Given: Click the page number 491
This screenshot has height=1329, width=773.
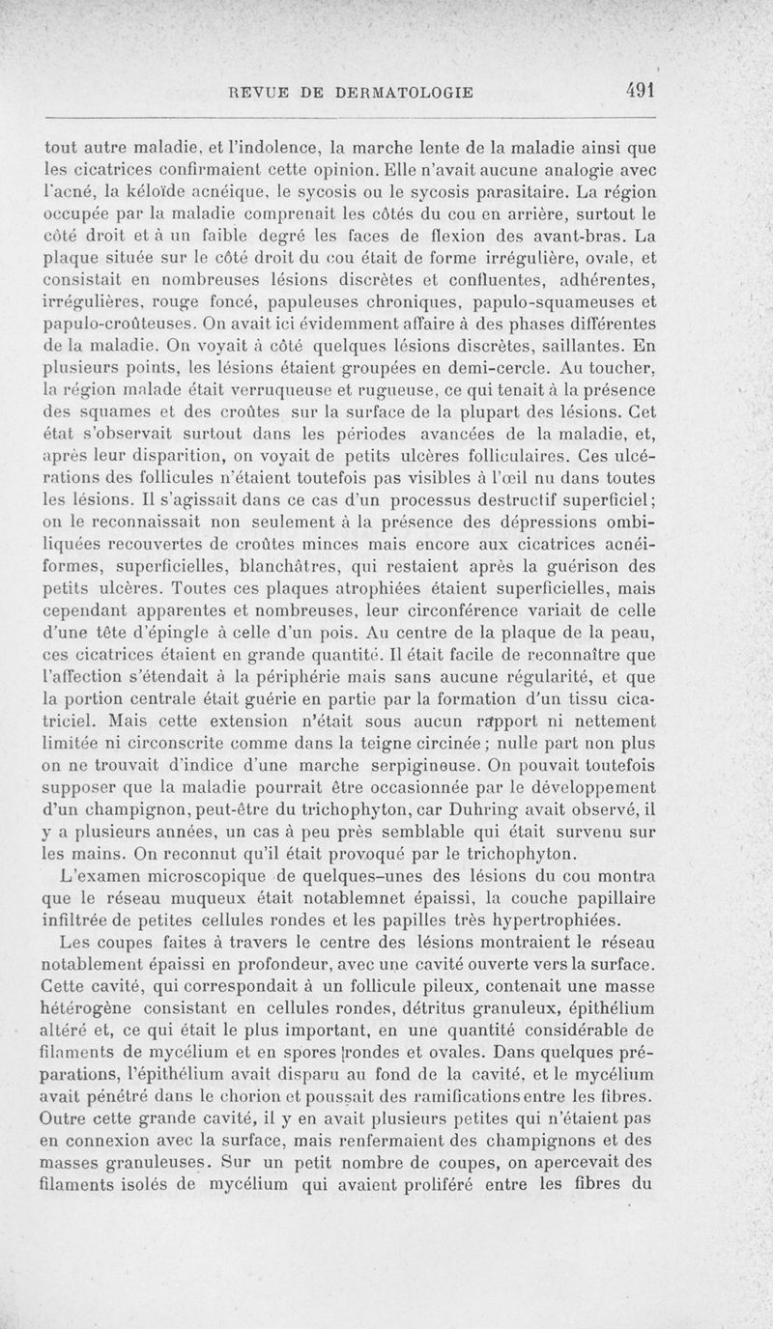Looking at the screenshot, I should [x=641, y=91].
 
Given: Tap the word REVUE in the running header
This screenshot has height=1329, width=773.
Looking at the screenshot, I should [x=255, y=93].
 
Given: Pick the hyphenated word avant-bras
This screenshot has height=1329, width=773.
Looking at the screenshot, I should [x=565, y=237].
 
